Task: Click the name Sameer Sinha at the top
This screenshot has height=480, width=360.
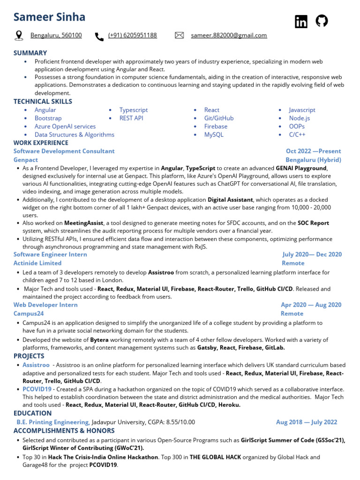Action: pyautogui.click(x=49, y=17)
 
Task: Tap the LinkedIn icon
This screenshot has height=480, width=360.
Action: pyautogui.click(x=301, y=22)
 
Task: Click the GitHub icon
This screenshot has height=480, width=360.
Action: pyautogui.click(x=322, y=21)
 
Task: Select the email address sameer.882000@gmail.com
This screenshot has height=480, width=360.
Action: pyautogui.click(x=229, y=35)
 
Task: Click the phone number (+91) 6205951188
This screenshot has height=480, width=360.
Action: pyautogui.click(x=133, y=35)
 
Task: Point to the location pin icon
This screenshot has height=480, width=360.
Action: pyautogui.click(x=19, y=36)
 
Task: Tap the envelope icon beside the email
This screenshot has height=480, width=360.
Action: pyautogui.click(x=179, y=36)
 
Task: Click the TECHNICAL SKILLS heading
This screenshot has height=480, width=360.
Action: pyautogui.click(x=43, y=101)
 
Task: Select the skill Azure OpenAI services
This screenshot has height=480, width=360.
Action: pyautogui.click(x=65, y=127)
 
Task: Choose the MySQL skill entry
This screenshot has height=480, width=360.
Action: pyautogui.click(x=214, y=135)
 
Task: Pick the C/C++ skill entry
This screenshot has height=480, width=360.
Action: pyautogui.click(x=297, y=135)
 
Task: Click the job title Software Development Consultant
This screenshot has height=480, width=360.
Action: pyautogui.click(x=64, y=151)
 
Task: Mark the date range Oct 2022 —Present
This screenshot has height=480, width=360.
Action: pyautogui.click(x=313, y=151)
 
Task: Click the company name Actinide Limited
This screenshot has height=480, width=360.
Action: pyautogui.click(x=37, y=263)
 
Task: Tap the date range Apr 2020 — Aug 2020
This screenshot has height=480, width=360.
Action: pyautogui.click(x=311, y=305)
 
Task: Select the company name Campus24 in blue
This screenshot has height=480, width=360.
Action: pyautogui.click(x=29, y=314)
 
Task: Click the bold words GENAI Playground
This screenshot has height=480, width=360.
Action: pyautogui.click(x=300, y=168)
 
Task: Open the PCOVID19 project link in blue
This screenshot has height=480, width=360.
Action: pyautogui.click(x=37, y=389)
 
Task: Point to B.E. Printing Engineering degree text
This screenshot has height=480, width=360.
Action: pyautogui.click(x=53, y=422)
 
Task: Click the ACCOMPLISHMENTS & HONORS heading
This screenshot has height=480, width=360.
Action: pyautogui.click(x=64, y=430)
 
